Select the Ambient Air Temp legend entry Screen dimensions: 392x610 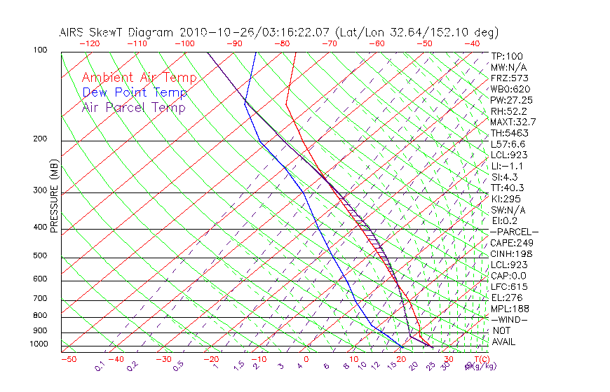click(139, 78)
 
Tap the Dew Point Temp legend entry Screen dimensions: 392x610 click(135, 92)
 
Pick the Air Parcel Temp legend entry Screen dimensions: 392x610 click(133, 107)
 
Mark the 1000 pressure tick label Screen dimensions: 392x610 click(39, 344)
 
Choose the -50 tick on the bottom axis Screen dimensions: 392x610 click(68, 359)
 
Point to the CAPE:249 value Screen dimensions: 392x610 click(508, 243)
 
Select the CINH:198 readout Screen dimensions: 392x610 click(508, 254)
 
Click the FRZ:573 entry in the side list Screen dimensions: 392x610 click(507, 78)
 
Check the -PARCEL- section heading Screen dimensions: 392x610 click(514, 232)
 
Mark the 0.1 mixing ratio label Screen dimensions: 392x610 click(100, 365)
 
